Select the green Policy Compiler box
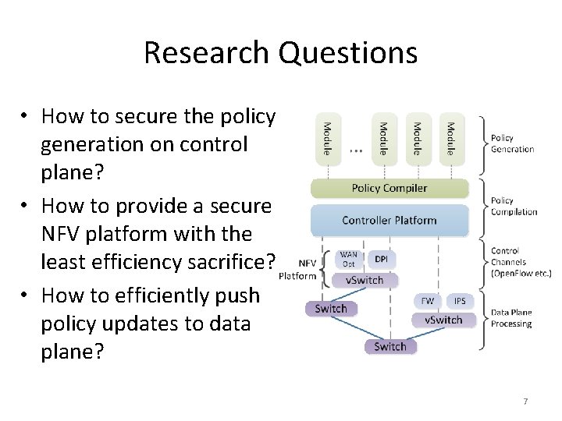pos(389,188)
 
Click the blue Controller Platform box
pos(389,220)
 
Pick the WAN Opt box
pos(348,260)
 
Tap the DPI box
pos(381,260)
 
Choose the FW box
pos(429,300)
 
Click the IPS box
pos(460,300)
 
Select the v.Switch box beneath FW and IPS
pos(443,320)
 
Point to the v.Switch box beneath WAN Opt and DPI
pos(365,280)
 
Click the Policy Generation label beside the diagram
pos(512,143)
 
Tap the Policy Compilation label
pos(514,206)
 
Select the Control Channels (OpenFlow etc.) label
pos(521,262)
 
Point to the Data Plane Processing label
pos(511,318)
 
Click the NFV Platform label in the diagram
pos(298,270)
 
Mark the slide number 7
pos(525,402)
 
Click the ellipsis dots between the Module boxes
pos(355,150)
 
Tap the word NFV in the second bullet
pos(61,234)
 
